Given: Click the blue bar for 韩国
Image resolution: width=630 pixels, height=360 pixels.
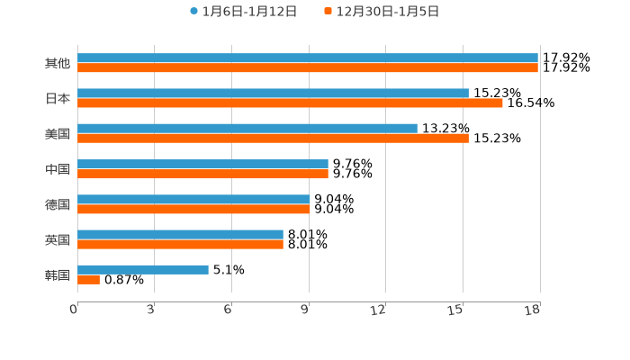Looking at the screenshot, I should pos(143,269).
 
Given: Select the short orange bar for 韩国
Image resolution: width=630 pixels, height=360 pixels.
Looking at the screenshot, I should pos(88,280).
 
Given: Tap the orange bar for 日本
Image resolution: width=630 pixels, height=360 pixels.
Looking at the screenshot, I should pos(290,103).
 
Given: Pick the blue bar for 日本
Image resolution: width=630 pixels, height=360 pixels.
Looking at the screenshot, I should pos(273,93).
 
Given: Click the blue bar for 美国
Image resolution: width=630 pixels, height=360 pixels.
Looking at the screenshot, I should pos(247,128).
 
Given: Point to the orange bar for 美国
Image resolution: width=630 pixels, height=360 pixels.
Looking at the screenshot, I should pos(273,139).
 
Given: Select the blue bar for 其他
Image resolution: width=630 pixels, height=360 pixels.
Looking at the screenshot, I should pos(308,58).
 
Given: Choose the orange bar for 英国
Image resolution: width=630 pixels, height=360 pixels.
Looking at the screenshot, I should pos(180,244).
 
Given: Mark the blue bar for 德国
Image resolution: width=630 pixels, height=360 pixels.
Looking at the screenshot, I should pos(193,199).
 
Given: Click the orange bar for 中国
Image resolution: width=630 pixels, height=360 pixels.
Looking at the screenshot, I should pos(202,174).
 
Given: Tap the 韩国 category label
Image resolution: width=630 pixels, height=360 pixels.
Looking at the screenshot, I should pos(58,274).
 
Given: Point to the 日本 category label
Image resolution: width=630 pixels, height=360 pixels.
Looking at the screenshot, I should pos(58,98).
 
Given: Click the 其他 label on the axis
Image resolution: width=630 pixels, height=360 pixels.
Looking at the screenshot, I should pos(58,63).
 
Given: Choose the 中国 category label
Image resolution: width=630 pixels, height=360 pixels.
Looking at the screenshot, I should pos(58,169).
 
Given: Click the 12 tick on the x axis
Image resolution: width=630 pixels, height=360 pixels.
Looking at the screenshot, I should pos(378,310).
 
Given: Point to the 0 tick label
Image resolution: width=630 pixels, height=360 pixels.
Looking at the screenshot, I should pos(74,310).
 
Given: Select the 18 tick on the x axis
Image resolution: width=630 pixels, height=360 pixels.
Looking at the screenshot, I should pos(533,310).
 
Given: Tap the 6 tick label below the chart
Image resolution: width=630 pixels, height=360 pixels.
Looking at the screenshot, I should pos(228,310).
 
